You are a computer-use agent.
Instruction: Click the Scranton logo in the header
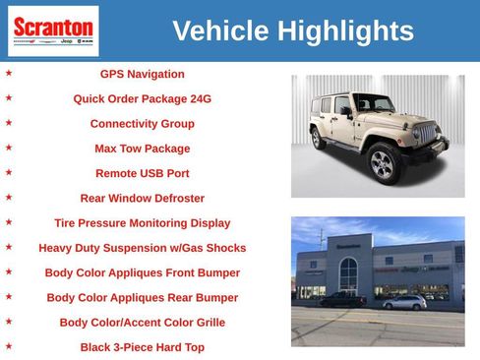pyautogui.click(x=53, y=30)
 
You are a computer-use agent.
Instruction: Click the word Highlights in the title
pyautogui.click(x=345, y=31)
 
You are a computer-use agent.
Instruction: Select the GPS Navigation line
pyautogui.click(x=142, y=74)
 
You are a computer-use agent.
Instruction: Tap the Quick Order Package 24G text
pyautogui.click(x=142, y=99)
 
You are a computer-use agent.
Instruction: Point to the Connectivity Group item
pyautogui.click(x=142, y=124)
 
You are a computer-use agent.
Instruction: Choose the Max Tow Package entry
pyautogui.click(x=142, y=149)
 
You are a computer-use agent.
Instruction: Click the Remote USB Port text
pyautogui.click(x=142, y=173)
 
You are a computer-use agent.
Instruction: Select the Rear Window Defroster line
pyautogui.click(x=142, y=198)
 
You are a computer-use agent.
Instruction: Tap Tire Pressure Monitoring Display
pyautogui.click(x=142, y=223)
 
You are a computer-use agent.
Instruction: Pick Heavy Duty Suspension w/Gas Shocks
pyautogui.click(x=142, y=248)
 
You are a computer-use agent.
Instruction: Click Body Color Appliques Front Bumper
pyautogui.click(x=142, y=272)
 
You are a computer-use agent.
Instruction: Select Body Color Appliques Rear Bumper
pyautogui.click(x=142, y=297)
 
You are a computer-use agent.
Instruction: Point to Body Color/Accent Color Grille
pyautogui.click(x=142, y=323)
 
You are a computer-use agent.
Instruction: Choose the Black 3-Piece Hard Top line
pyautogui.click(x=142, y=347)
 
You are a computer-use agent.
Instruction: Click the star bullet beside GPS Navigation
pyautogui.click(x=9, y=73)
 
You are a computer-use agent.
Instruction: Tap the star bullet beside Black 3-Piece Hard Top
pyautogui.click(x=9, y=346)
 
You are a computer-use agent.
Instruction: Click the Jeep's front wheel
pyautogui.click(x=383, y=163)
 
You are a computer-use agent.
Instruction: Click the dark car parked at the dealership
pyautogui.click(x=344, y=300)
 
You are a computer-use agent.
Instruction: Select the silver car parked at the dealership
pyautogui.click(x=404, y=302)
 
